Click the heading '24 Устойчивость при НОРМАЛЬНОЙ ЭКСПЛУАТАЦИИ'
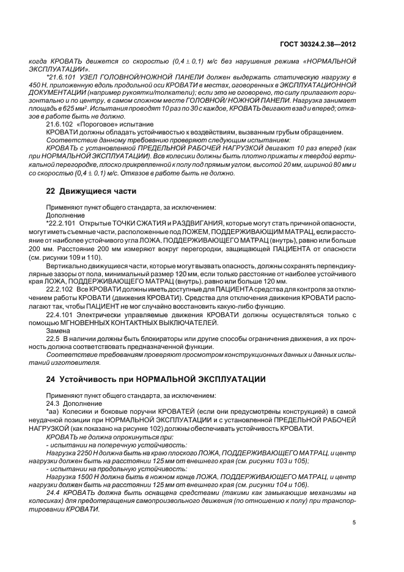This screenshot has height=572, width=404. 156,379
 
